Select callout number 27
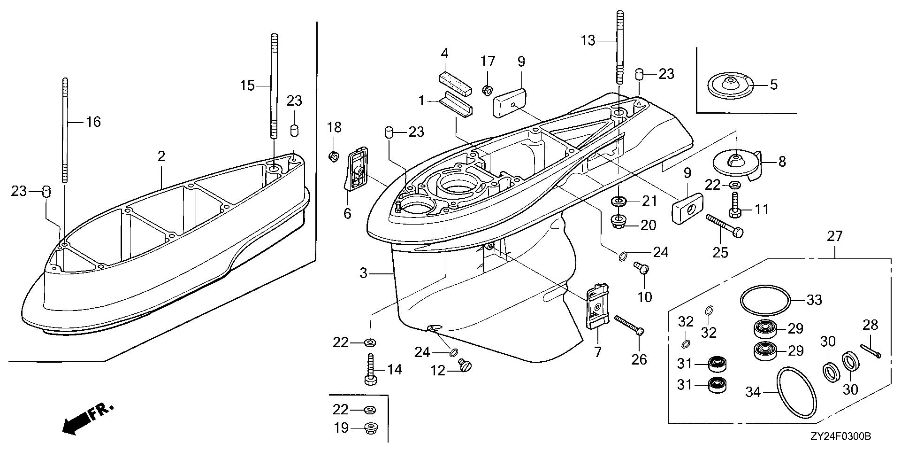point(835,236)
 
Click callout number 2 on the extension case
point(161,156)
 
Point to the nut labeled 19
point(370,428)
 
